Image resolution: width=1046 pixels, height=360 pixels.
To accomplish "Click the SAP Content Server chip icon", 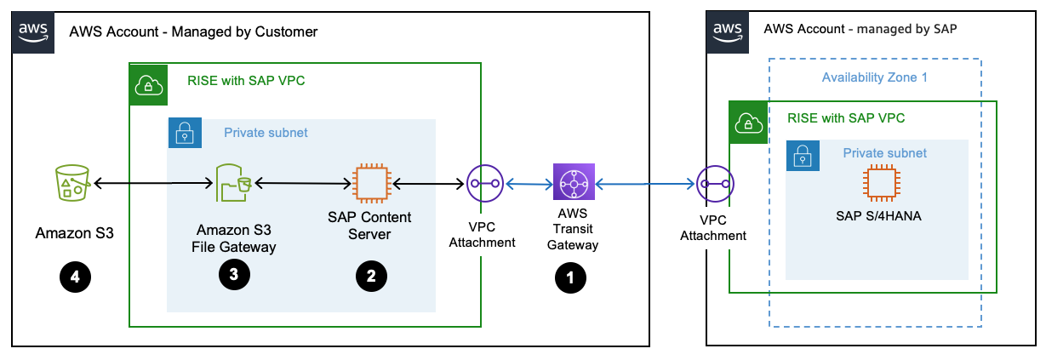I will coord(369,183).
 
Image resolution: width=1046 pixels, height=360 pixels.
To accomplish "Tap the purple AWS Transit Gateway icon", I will coord(574,183).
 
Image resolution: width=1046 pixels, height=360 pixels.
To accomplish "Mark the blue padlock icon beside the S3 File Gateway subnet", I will coord(185,133).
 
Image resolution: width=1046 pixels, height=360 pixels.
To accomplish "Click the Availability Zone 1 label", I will coord(874,77).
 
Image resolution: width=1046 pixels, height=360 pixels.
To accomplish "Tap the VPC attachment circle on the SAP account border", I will coord(712,183).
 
